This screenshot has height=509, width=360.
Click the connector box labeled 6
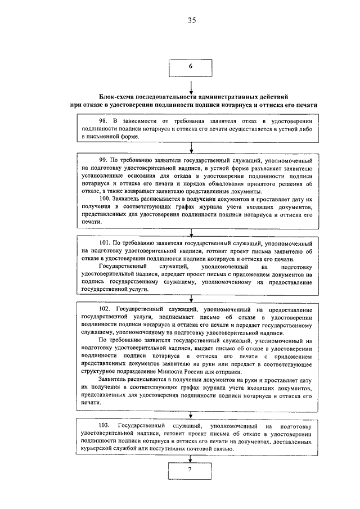(191, 67)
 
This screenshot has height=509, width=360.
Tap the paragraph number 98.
(102, 121)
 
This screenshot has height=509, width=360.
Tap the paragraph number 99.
(102, 160)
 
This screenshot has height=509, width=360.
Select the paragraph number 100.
(104, 199)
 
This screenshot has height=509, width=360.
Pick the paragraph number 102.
(104, 310)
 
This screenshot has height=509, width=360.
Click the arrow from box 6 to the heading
(191, 84)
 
